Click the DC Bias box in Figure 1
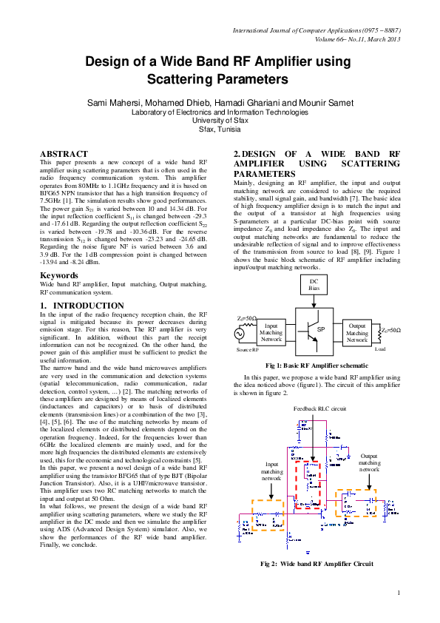(x=314, y=285)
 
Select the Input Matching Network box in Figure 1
(x=271, y=333)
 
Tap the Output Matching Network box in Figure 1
(x=357, y=333)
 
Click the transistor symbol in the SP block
(x=305, y=329)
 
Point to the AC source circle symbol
(x=240, y=334)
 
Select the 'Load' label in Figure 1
(x=380, y=348)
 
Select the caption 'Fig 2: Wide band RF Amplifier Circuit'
(x=317, y=564)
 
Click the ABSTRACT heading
(x=64, y=154)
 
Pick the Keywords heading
(x=59, y=275)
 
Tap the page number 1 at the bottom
(x=398, y=592)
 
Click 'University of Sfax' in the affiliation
(x=220, y=120)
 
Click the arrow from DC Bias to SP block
(x=314, y=303)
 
